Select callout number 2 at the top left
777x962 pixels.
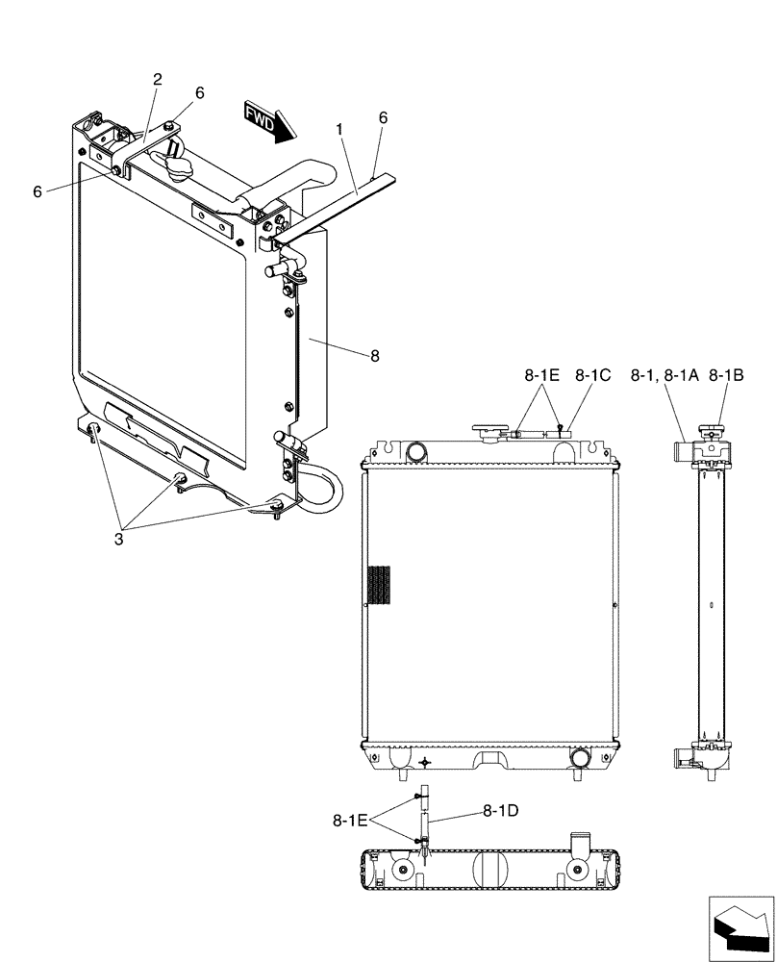[x=157, y=80]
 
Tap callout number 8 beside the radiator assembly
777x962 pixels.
[x=374, y=356]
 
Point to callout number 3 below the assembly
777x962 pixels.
[x=118, y=539]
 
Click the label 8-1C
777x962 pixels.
[x=593, y=376]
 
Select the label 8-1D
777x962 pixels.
[x=500, y=810]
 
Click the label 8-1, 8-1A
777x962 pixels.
[x=664, y=376]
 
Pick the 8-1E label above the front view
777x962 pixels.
[x=542, y=376]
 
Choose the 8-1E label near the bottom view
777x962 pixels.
[x=351, y=821]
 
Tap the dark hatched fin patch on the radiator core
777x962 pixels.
[x=381, y=586]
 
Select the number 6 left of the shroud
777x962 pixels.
[x=38, y=191]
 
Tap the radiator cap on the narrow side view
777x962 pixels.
[x=712, y=433]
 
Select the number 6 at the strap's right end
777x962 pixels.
[x=383, y=116]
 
